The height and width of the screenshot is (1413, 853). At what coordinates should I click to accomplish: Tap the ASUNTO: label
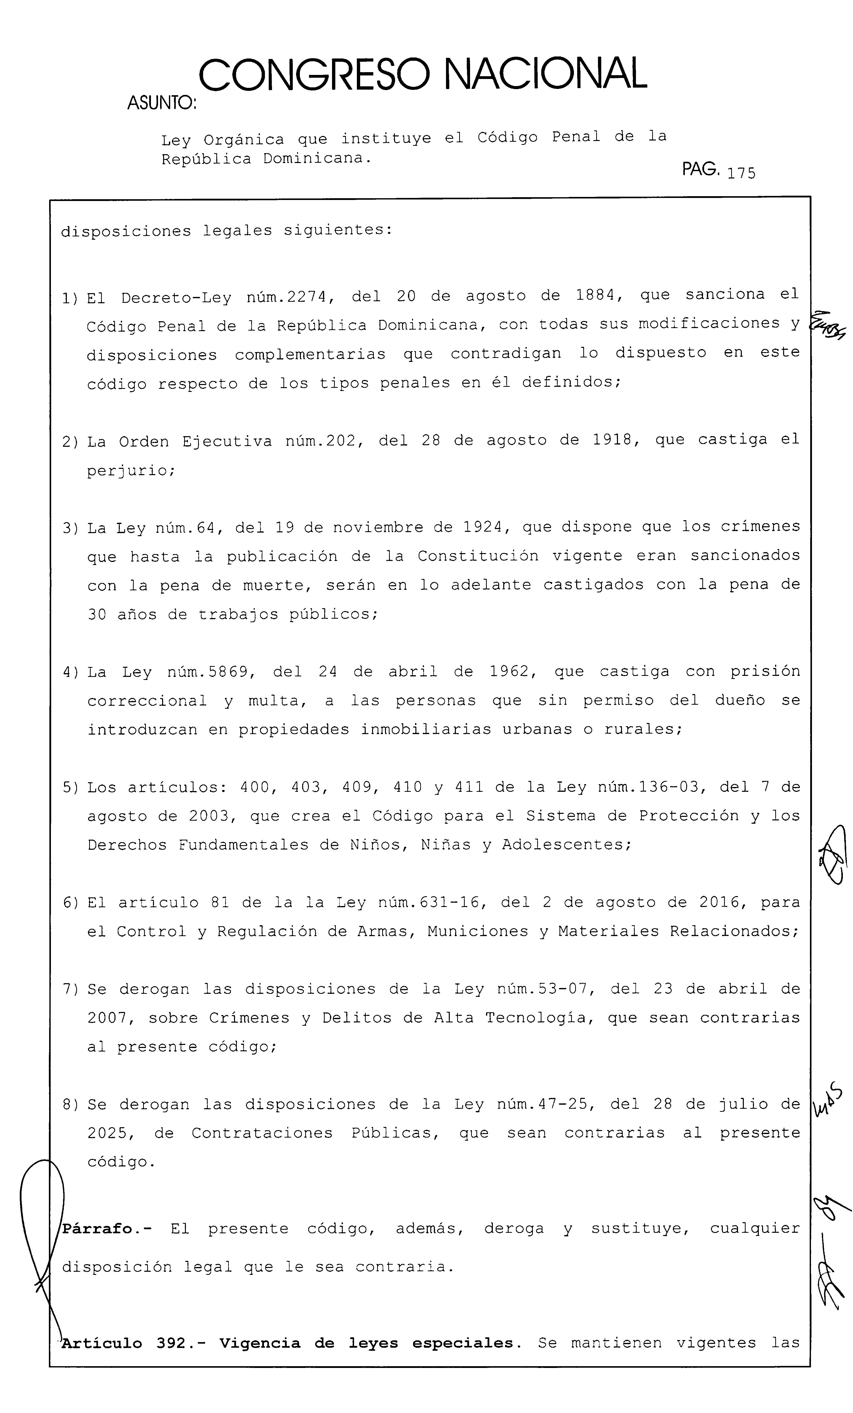click(x=161, y=103)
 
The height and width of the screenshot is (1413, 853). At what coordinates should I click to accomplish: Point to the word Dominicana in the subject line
click(x=313, y=158)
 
